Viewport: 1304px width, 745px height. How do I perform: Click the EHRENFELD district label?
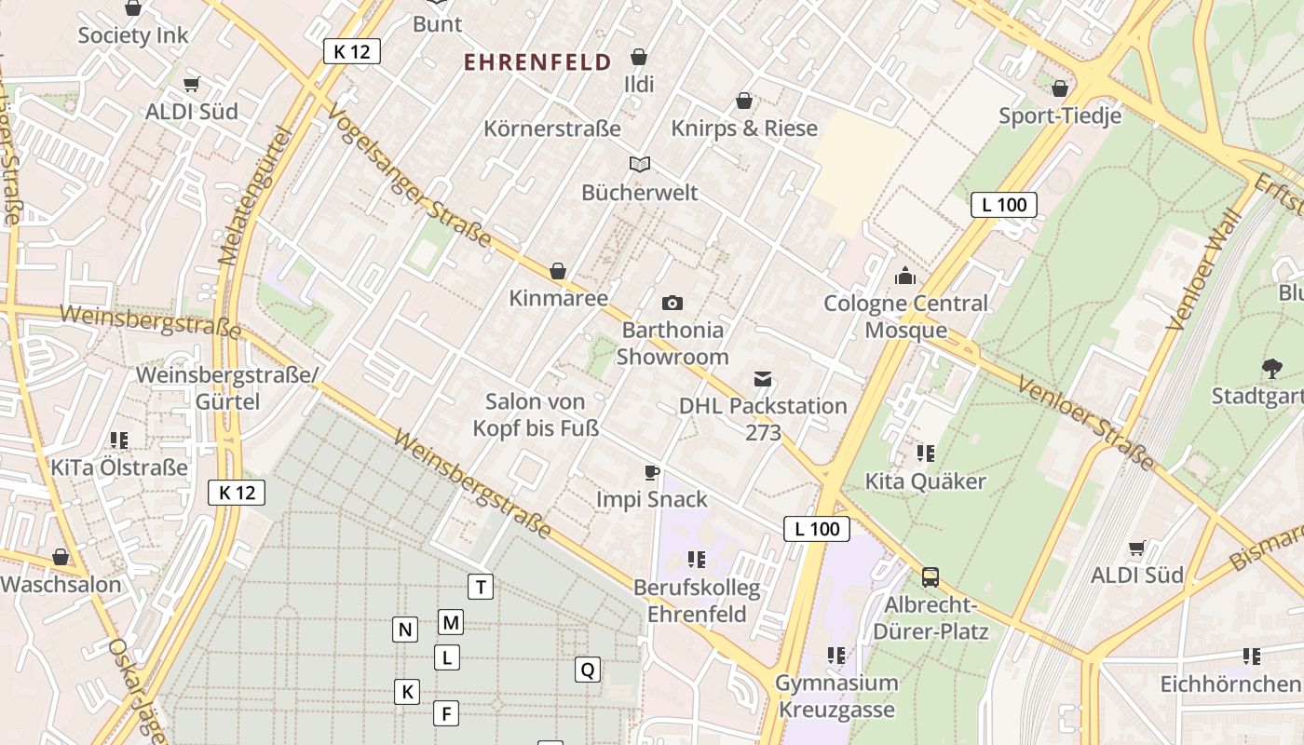(537, 62)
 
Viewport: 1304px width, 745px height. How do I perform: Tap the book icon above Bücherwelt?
(639, 165)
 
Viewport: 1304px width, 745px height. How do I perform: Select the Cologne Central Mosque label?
(905, 317)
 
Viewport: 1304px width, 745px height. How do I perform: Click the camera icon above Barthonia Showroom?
(672, 303)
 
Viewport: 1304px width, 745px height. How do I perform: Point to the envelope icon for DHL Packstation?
(763, 378)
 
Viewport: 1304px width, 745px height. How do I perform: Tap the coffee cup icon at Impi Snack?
(652, 472)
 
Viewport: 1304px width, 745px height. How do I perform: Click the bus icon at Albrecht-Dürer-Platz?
(930, 577)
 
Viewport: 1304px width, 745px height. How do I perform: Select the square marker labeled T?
(480, 587)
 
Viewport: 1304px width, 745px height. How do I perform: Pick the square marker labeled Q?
(587, 669)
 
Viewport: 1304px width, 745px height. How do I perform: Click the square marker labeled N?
(404, 630)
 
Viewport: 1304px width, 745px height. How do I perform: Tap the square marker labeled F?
(446, 713)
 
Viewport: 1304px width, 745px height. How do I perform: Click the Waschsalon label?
(61, 585)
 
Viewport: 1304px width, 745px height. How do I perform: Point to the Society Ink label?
(133, 35)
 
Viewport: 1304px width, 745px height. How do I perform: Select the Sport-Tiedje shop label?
(1060, 115)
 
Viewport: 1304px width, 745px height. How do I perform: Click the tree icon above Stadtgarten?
(1270, 369)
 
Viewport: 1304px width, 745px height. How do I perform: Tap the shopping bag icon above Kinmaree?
(558, 271)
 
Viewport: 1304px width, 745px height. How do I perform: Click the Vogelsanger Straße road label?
(410, 176)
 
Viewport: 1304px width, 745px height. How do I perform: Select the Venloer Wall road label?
(1204, 270)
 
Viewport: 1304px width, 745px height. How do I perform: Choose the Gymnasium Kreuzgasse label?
(835, 696)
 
